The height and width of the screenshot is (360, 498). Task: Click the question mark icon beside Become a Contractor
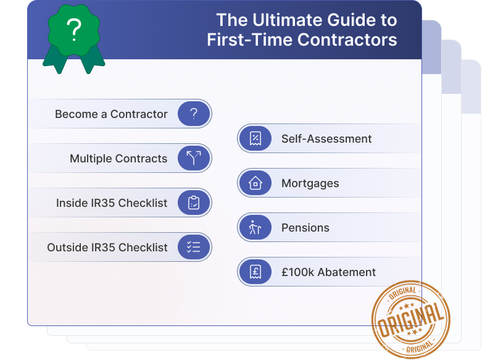pos(194,114)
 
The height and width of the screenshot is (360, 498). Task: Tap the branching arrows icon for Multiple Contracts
pos(194,159)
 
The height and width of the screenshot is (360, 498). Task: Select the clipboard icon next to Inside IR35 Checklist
pos(194,203)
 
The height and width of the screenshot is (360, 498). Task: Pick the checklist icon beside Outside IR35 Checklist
pos(194,248)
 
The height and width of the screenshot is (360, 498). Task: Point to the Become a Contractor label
pos(111,114)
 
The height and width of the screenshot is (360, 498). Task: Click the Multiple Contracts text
pos(118,159)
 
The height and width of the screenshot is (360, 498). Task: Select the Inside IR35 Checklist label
pos(112,203)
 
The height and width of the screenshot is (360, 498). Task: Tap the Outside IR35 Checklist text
pos(107,248)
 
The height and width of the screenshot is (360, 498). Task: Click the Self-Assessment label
pos(326,139)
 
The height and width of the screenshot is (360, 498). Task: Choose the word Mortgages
pos(310,183)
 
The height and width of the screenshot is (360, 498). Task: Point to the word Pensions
pos(305,228)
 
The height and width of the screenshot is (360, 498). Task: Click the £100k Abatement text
pos(328,272)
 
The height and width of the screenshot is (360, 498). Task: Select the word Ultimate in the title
pos(279,20)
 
